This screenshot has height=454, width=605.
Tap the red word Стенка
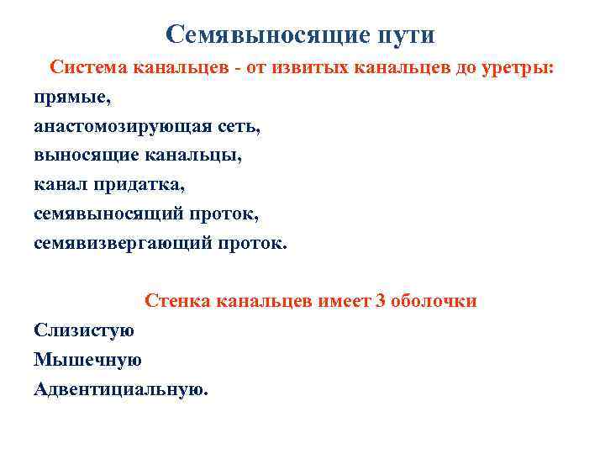click(176, 301)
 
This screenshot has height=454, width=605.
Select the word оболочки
click(434, 301)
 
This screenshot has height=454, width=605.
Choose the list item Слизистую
click(83, 330)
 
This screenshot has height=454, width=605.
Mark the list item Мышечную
click(87, 360)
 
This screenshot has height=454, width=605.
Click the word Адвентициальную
click(119, 388)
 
